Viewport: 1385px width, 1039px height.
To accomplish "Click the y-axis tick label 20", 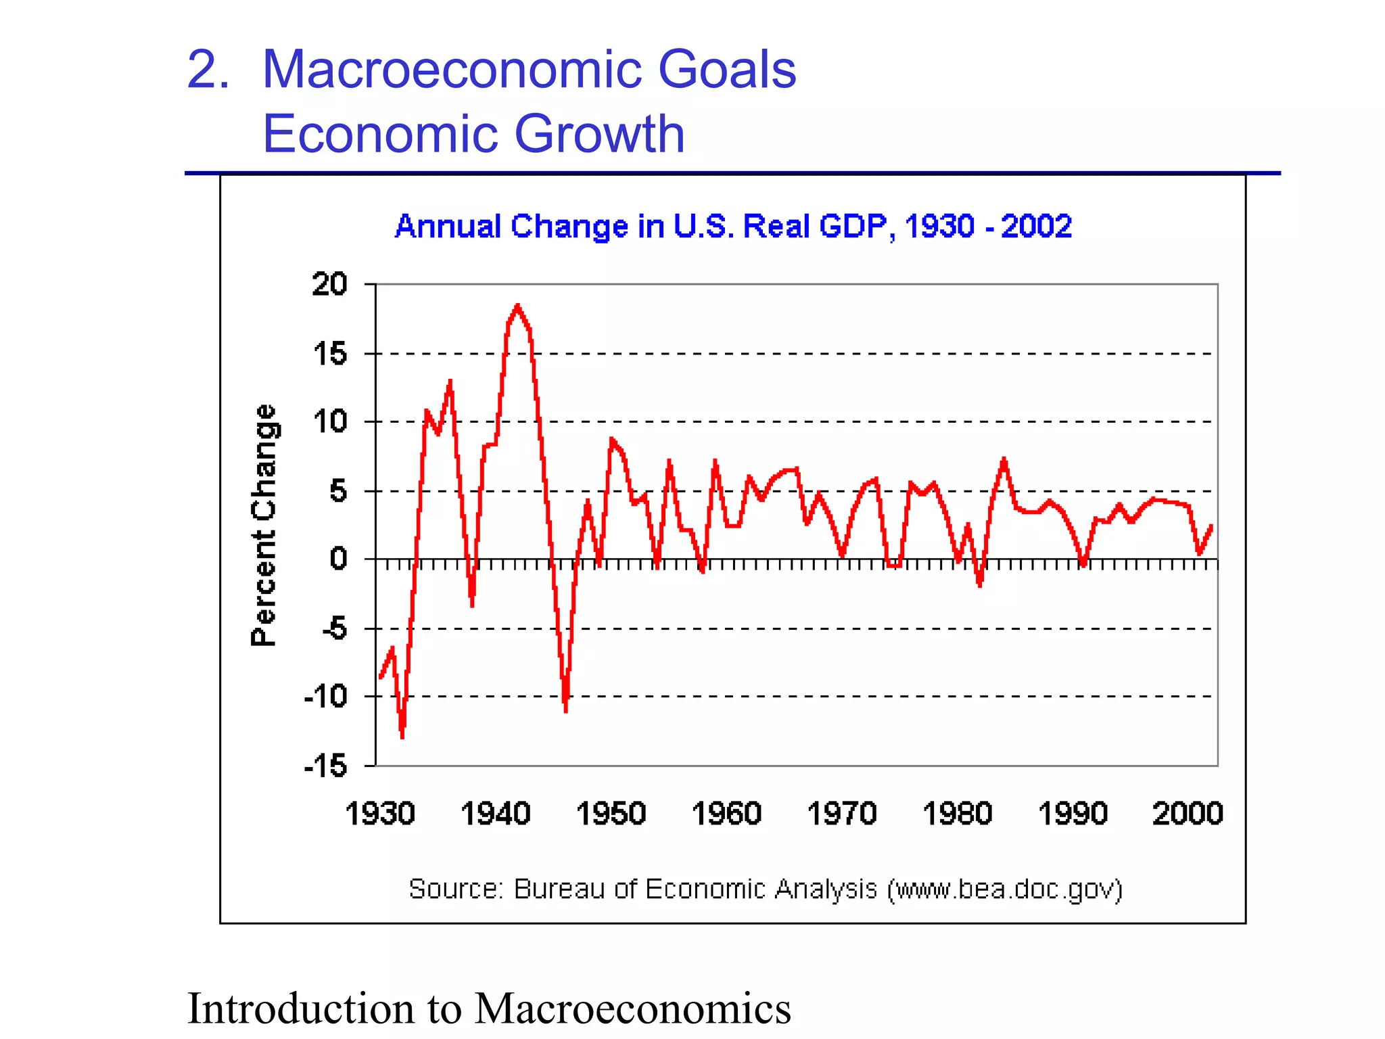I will pos(329,284).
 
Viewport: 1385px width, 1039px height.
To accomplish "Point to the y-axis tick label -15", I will pos(326,766).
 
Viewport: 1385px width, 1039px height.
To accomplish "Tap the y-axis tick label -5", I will pos(335,629).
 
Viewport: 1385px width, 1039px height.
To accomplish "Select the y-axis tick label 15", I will pos(329,354).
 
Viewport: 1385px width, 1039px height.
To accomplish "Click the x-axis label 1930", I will pos(379,813).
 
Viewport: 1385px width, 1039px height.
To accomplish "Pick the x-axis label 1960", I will pos(726,813).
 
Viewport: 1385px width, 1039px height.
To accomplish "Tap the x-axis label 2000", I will pos(1188,813).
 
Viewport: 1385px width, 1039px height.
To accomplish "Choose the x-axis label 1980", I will pos(957,813).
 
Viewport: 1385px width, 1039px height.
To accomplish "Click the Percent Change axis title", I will pos(264,525).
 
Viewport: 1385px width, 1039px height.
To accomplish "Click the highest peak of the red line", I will pos(517,306).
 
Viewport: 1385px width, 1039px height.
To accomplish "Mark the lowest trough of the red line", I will pos(402,736).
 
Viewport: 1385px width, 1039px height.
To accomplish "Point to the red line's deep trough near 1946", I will pos(565,709).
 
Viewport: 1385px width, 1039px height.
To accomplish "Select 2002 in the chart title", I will pos(1036,226).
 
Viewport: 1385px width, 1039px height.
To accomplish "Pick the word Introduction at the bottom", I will pos(301,1008).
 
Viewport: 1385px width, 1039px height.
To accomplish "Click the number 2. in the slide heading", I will pos(208,70).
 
